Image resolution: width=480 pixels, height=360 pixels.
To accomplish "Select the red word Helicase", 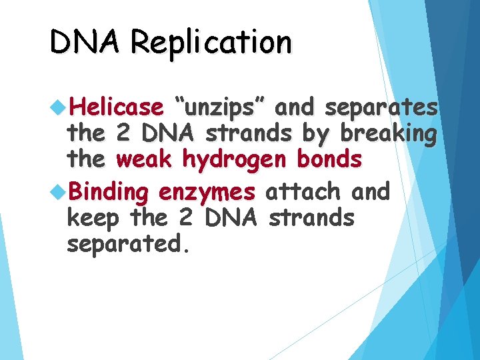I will pyautogui.click(x=116, y=107).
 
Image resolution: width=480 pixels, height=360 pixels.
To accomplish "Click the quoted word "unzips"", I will pyautogui.click(x=219, y=107).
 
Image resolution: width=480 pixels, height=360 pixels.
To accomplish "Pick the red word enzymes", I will pyautogui.click(x=207, y=193).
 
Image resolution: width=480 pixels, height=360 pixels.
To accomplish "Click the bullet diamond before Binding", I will pyautogui.click(x=57, y=192).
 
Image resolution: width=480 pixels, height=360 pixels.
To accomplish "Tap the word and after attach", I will pyautogui.click(x=370, y=192).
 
